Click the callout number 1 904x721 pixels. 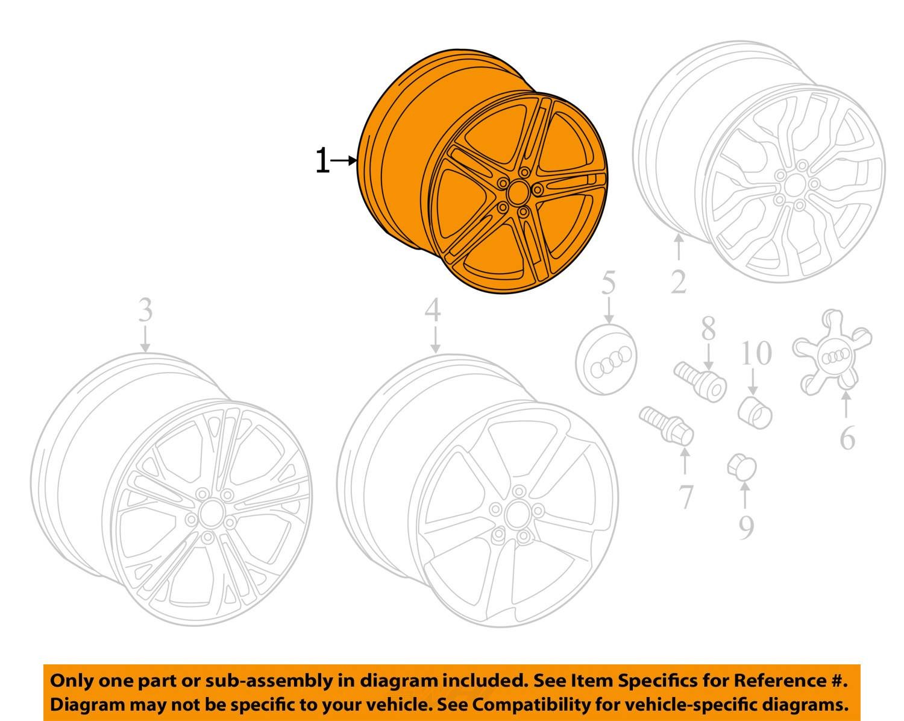pos(322,160)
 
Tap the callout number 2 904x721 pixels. pos(679,282)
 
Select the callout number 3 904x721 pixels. pos(145,310)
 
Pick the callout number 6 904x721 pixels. pos(847,438)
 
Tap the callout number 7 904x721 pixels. pos(685,497)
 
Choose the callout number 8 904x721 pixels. pos(708,329)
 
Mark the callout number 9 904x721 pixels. pos(745,527)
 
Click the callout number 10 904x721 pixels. pos(756,353)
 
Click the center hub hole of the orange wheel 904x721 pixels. pos(518,192)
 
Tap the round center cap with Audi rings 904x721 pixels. pos(606,359)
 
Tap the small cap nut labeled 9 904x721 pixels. pos(742,467)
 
